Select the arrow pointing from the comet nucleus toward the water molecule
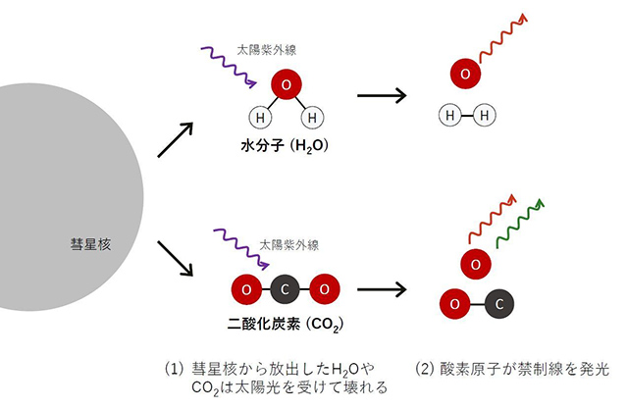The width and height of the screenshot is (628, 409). click(177, 140)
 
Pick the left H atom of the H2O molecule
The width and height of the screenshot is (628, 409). click(260, 119)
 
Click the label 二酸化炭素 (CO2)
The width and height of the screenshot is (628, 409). click(285, 322)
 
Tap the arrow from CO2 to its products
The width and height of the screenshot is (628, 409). click(382, 290)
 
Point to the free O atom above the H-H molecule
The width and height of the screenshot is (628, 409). click(465, 74)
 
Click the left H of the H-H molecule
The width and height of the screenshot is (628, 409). click(451, 116)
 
